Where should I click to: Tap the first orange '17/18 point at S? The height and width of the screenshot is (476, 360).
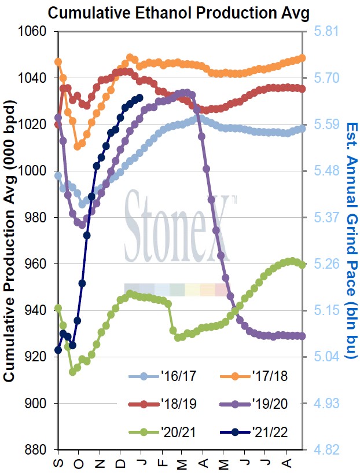pyautogui.click(x=58, y=61)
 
